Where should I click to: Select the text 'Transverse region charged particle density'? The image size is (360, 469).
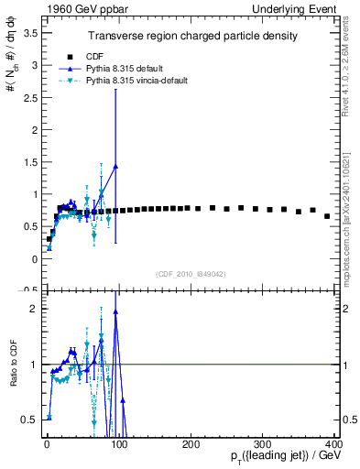(x=191, y=36)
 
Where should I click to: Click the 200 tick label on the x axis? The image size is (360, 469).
(x=191, y=443)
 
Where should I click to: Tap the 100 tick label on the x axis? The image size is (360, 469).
(x=119, y=443)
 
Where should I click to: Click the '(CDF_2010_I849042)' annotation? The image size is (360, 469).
(x=191, y=273)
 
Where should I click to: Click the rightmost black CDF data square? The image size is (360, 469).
(x=327, y=216)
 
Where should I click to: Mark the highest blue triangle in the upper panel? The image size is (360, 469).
(x=115, y=167)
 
